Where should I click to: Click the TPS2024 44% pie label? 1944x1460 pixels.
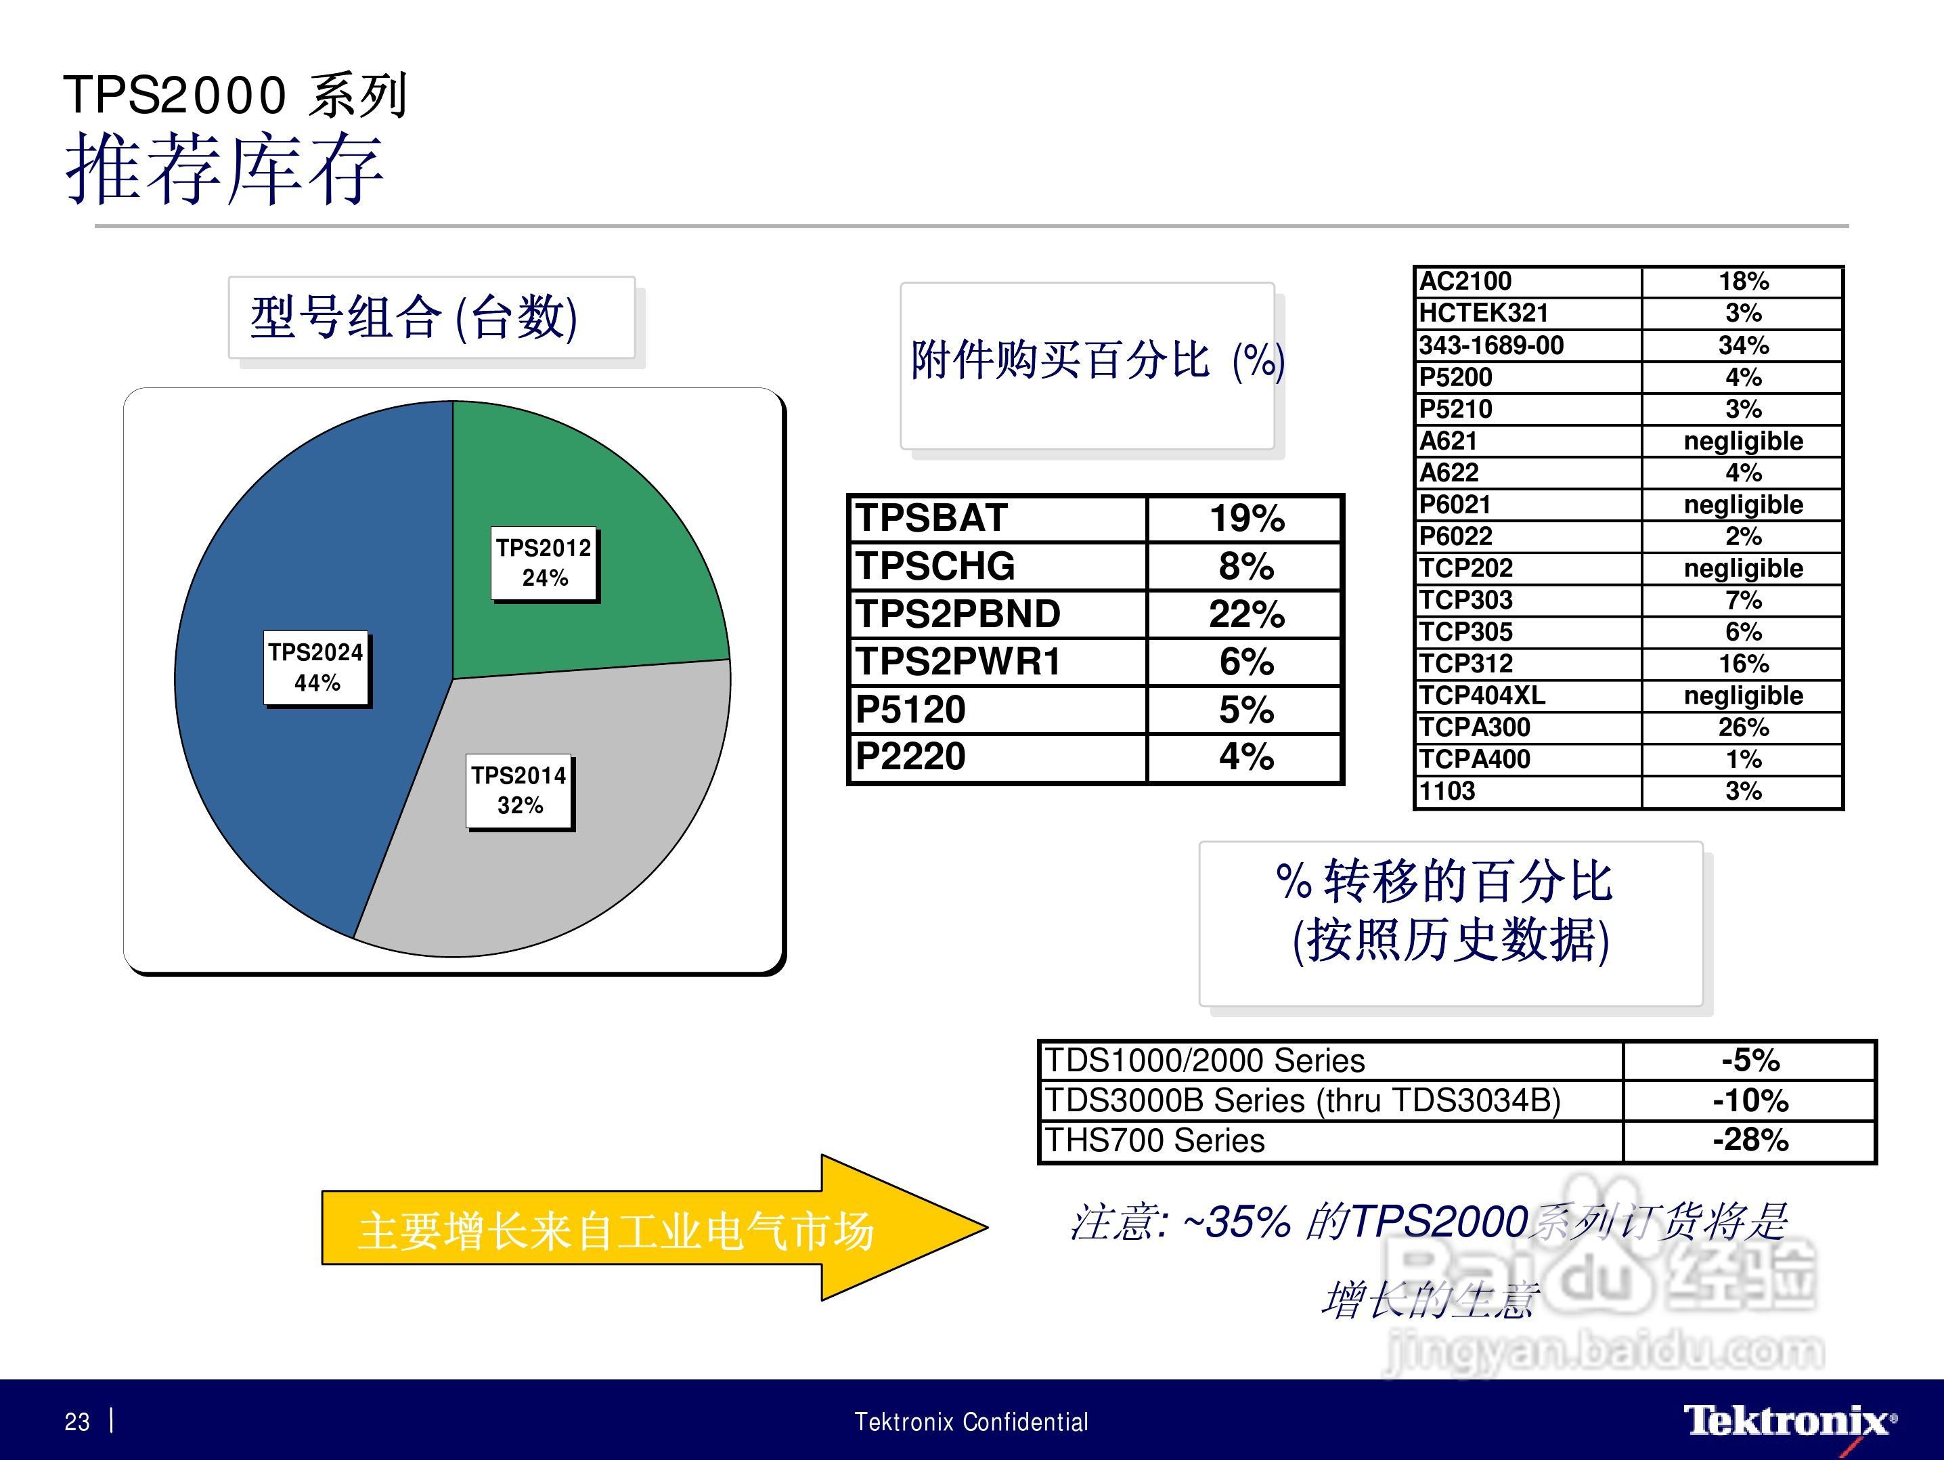316,668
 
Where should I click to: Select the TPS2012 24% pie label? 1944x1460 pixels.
544,563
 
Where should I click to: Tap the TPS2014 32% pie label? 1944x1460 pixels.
519,791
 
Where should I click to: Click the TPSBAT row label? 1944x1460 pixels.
931,518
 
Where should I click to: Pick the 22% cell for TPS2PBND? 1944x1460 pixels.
1246,614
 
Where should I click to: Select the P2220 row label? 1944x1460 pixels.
910,757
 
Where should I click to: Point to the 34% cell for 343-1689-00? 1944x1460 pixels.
1744,345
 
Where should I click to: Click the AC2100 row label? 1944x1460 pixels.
1465,281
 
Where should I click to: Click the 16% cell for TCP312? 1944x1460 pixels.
1744,664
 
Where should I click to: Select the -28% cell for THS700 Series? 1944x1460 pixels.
1750,1140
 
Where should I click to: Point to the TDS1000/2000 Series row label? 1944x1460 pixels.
1204,1061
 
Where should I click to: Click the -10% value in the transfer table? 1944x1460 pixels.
1750,1100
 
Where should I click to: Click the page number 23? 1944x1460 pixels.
77,1422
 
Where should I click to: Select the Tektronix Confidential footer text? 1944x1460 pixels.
971,1422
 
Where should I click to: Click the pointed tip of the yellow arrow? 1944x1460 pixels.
988,1227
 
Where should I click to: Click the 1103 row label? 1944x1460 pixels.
1446,791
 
